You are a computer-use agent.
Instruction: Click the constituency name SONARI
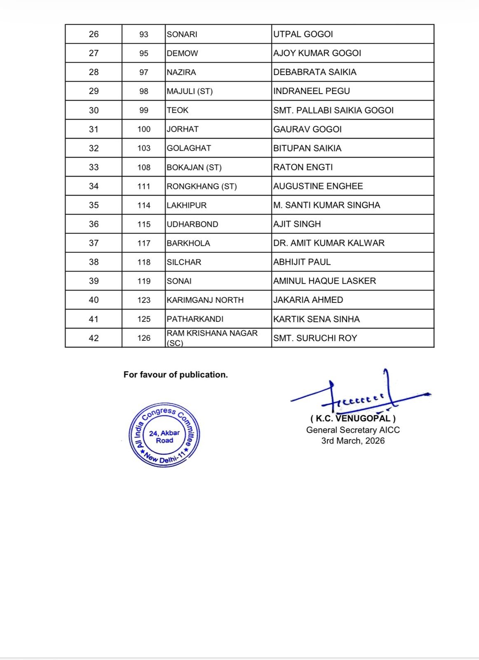coord(182,34)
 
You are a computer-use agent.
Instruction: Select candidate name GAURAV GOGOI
coord(308,129)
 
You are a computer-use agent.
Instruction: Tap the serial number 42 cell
coord(94,338)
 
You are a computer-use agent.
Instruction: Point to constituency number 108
coord(144,167)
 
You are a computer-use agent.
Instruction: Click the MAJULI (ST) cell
coord(190,91)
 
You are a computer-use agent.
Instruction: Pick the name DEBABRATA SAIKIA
coord(315,72)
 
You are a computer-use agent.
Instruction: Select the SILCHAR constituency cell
coord(184,262)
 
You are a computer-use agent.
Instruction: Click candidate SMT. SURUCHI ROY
coord(315,338)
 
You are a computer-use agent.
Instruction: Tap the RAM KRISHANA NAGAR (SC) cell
coord(212,337)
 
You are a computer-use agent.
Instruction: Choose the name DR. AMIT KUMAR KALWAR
coord(329,243)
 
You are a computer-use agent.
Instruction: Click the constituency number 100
coord(144,129)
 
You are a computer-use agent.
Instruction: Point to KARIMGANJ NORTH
coord(205,300)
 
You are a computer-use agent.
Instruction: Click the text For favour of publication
coord(176,375)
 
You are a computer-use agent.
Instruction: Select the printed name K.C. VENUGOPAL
coord(353,419)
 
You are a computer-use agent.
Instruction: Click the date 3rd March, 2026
coord(353,441)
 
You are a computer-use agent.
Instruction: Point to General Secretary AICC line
coord(353,430)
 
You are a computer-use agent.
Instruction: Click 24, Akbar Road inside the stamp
coord(164,436)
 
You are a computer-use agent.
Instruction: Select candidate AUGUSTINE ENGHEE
coord(318,186)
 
